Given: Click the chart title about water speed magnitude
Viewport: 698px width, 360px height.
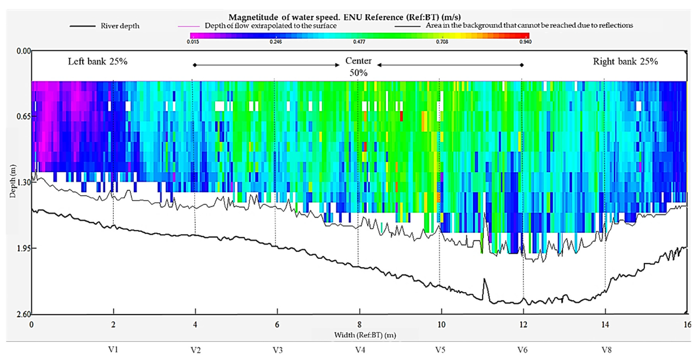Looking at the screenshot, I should point(344,17).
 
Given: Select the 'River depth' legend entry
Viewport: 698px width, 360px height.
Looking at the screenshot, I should point(120,26).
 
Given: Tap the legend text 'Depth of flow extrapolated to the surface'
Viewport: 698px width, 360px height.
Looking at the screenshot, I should point(270,26).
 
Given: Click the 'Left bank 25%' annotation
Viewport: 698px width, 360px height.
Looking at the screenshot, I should point(98,61).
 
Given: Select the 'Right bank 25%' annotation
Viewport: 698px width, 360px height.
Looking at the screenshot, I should point(625,61).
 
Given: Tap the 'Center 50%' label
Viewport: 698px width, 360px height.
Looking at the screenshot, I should point(358,67).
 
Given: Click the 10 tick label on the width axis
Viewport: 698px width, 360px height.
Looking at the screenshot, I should point(441,324).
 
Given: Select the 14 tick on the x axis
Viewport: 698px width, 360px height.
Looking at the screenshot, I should point(605,324).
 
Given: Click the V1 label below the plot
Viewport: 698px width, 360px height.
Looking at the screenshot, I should point(113,350).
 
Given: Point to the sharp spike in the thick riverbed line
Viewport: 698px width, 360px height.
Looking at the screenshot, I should point(484,281).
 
